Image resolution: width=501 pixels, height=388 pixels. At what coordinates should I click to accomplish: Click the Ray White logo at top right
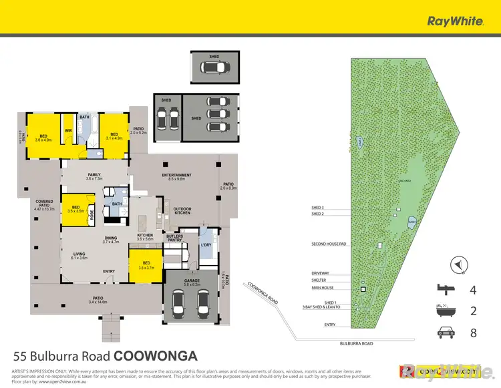(x=455, y=21)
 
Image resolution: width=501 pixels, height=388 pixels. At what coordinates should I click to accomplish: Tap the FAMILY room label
(x=94, y=176)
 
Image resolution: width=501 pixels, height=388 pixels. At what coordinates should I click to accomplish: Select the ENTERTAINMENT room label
(x=177, y=176)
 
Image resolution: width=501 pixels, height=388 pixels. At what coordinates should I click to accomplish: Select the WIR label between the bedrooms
(x=68, y=131)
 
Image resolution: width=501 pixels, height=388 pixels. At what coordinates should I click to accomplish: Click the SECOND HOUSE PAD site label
(x=328, y=244)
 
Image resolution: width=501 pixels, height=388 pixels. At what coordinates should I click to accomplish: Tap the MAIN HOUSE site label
(x=323, y=288)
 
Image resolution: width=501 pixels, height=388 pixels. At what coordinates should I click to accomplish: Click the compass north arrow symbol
(x=458, y=266)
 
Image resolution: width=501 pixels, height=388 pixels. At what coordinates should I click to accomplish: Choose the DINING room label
(x=110, y=240)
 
